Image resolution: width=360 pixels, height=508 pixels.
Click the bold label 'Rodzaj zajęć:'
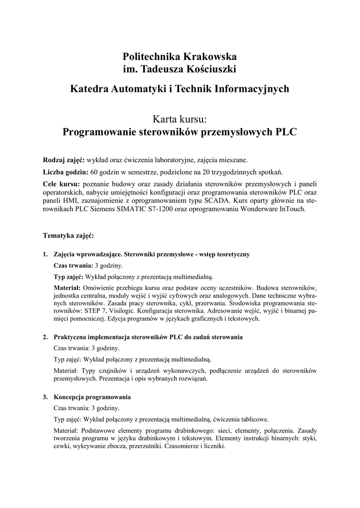tap(64, 160)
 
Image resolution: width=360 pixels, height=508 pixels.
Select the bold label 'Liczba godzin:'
tap(66, 172)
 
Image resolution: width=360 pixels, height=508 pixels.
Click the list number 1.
tap(45, 254)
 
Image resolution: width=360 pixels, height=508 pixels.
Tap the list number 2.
tap(45, 337)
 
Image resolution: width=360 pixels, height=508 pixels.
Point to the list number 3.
tap(45, 397)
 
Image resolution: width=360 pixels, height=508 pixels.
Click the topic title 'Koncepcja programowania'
tap(92, 397)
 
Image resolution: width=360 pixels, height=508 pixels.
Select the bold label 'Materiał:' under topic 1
tap(67, 287)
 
